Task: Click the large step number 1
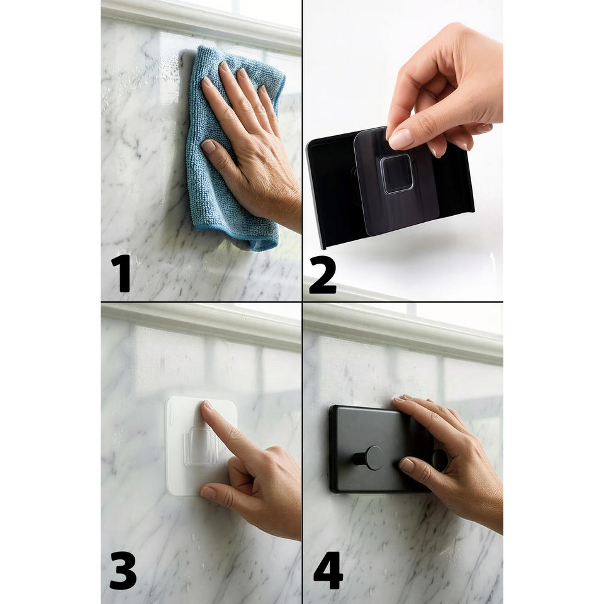pyautogui.click(x=121, y=272)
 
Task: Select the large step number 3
pyautogui.click(x=123, y=571)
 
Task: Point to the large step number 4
pyautogui.click(x=328, y=571)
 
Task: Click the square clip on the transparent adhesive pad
pyautogui.click(x=396, y=174)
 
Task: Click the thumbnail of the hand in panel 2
pyautogui.click(x=401, y=140)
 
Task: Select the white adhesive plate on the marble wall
pyautogui.click(x=200, y=445)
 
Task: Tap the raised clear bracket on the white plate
pyautogui.click(x=200, y=446)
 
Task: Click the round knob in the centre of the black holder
pyautogui.click(x=373, y=457)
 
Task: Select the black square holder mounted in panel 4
pyautogui.click(x=379, y=449)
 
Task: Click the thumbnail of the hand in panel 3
pyautogui.click(x=208, y=493)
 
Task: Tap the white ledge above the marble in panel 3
pyautogui.click(x=201, y=326)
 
